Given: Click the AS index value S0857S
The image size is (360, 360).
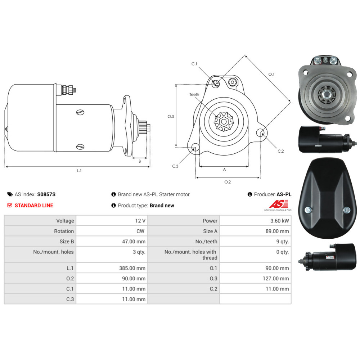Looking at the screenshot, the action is click(46, 194).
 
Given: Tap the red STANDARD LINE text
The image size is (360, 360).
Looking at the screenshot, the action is click(34, 206).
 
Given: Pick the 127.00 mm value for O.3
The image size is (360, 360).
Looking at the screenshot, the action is click(276, 279).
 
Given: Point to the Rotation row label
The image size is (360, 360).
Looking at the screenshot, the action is click(64, 231).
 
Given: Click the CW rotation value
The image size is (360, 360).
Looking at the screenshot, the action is click(140, 231).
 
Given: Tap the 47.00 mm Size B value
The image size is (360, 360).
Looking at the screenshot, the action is click(134, 242).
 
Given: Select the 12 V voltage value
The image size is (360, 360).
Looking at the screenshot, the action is click(140, 221).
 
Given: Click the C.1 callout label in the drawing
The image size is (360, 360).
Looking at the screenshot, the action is click(194, 64).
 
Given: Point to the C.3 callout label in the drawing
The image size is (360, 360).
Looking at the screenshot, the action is click(175, 166).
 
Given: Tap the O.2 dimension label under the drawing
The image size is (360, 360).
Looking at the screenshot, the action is click(228, 182).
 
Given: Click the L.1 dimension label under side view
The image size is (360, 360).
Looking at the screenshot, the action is click(79, 171).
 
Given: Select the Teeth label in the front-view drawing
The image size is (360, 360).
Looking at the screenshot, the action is click(194, 94).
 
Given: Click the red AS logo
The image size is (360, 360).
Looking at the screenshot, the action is click(279, 204).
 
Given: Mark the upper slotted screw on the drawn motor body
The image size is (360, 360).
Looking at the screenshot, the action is click(80, 112).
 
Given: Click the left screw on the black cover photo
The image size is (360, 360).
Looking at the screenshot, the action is click(308, 210).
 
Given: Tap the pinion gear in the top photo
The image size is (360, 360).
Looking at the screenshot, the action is click(327, 94).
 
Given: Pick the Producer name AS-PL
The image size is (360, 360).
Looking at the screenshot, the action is click(284, 194).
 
